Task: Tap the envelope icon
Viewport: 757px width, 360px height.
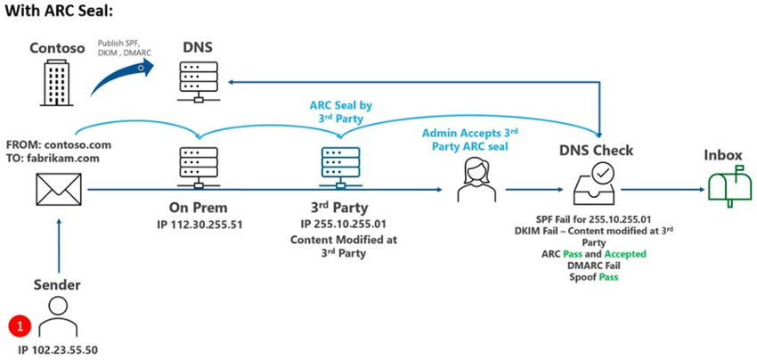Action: pyautogui.click(x=57, y=190)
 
